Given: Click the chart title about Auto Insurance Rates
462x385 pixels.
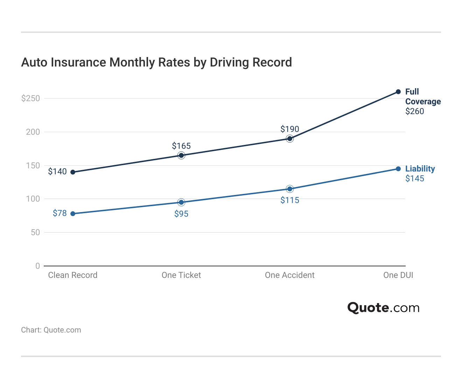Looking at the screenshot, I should (x=156, y=62).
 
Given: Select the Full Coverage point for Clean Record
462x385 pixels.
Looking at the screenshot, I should (x=73, y=172).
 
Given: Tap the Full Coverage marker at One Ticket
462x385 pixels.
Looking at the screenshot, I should (x=181, y=155).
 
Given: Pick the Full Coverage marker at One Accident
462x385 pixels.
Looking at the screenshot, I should (x=290, y=139).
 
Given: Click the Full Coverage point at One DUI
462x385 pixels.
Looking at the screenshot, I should (x=398, y=92).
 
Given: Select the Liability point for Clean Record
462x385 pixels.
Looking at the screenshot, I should (x=73, y=213).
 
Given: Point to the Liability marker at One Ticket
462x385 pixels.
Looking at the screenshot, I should (x=181, y=202).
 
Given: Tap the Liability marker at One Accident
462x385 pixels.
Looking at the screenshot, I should (x=290, y=189).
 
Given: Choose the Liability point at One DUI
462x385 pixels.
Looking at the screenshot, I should (x=398, y=169).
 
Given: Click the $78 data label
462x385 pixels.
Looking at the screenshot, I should (x=59, y=213).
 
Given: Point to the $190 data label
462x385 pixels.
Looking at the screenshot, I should (x=290, y=129).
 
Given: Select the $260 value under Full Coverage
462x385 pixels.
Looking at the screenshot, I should (x=415, y=111).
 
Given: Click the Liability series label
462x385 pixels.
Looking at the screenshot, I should (x=420, y=169).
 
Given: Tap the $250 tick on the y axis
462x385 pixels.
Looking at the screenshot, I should (x=31, y=98).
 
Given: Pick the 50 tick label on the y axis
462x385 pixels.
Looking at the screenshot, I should (x=35, y=232).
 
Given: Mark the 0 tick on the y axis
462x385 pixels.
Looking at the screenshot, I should (x=38, y=266).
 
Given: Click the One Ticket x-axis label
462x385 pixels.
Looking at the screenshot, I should (x=181, y=275).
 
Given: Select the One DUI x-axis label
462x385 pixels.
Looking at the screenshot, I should (x=398, y=275).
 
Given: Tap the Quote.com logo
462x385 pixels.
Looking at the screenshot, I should (x=383, y=308).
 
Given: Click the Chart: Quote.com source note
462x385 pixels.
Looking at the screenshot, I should (x=51, y=330).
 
